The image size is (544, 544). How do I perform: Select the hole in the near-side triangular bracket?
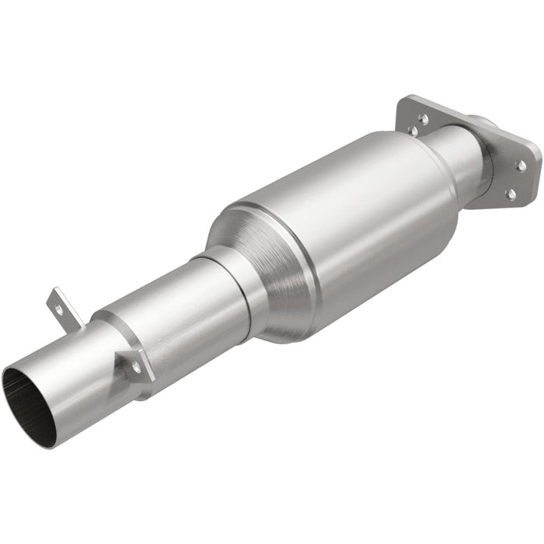[137, 364]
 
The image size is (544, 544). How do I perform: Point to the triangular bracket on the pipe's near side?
[132, 360]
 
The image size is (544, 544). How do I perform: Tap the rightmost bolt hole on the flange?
[521, 166]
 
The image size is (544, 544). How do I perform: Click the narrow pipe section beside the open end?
[70, 365]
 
